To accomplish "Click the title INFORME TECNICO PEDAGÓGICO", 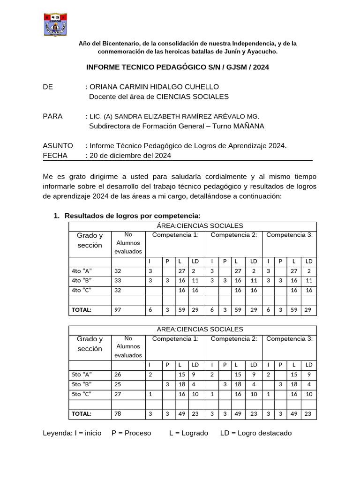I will pyautogui.click(x=178, y=67).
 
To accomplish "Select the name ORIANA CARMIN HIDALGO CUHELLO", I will pyautogui.click(x=147, y=87).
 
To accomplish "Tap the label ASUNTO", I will pyautogui.click(x=58, y=146).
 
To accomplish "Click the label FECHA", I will pyautogui.click(x=55, y=155).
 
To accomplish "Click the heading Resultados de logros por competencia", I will pyautogui.click(x=132, y=215).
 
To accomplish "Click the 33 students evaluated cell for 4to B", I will pyautogui.click(x=118, y=280).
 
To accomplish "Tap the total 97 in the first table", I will pyautogui.click(x=118, y=310).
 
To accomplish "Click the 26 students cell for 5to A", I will pyautogui.click(x=118, y=374).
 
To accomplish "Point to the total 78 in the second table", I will pyautogui.click(x=118, y=414).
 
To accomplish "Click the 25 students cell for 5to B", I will pyautogui.click(x=118, y=384).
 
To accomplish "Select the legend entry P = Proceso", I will pyautogui.click(x=131, y=433).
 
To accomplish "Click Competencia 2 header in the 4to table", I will pyautogui.click(x=234, y=235).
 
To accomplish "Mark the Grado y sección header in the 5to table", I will pyautogui.click(x=90, y=344).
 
